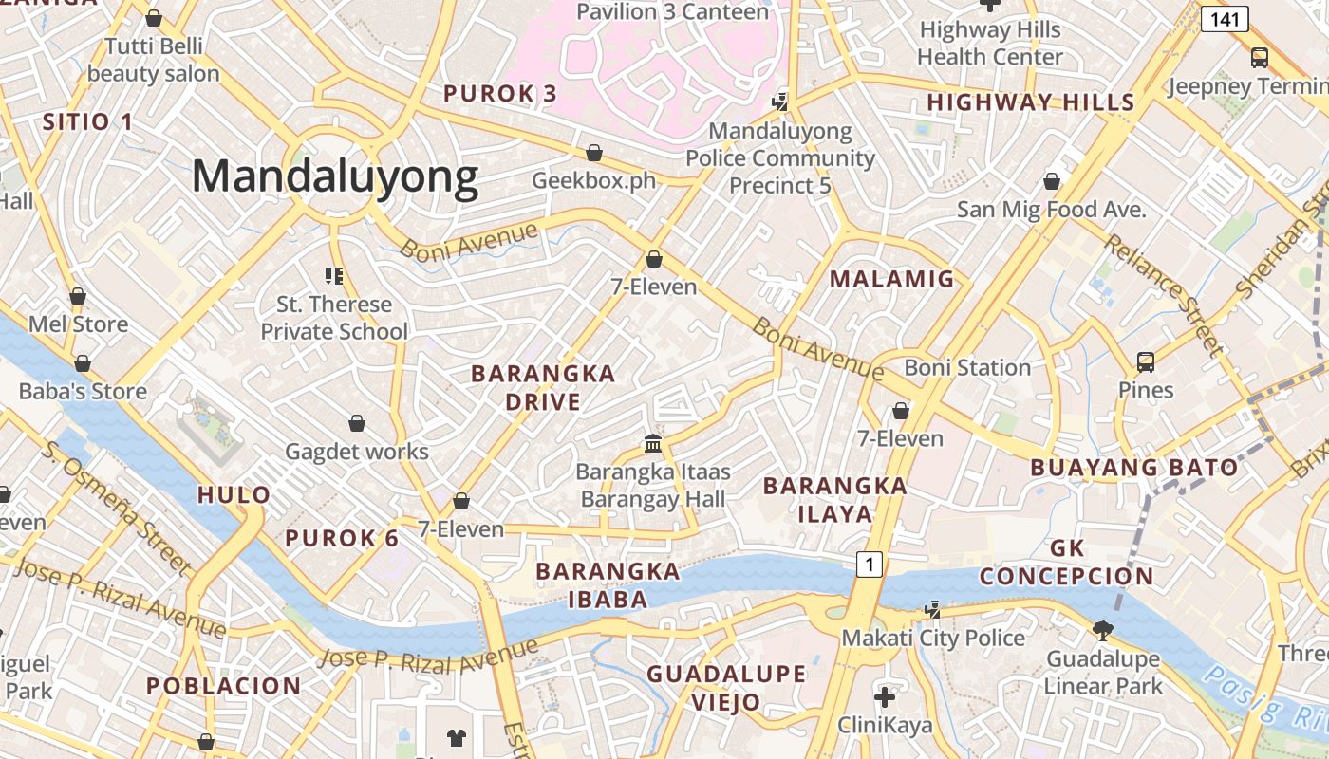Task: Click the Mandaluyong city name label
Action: point(335,176)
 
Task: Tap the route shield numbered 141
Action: point(1224,18)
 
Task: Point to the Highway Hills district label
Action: point(1031,102)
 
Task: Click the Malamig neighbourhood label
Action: point(891,279)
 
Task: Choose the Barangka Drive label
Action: point(543,387)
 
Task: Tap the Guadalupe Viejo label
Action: point(726,688)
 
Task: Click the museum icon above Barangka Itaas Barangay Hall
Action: point(653,443)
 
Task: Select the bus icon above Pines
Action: point(1146,361)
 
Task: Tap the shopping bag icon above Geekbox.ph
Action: point(594,153)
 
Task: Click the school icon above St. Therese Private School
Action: point(333,276)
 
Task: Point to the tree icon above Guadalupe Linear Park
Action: point(1102,629)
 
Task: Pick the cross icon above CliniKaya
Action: point(884,698)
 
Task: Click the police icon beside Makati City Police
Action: point(934,610)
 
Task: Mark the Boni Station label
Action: point(966,367)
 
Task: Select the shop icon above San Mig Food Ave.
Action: point(1051,181)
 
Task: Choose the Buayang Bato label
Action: point(1133,467)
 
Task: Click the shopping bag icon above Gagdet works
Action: point(357,423)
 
